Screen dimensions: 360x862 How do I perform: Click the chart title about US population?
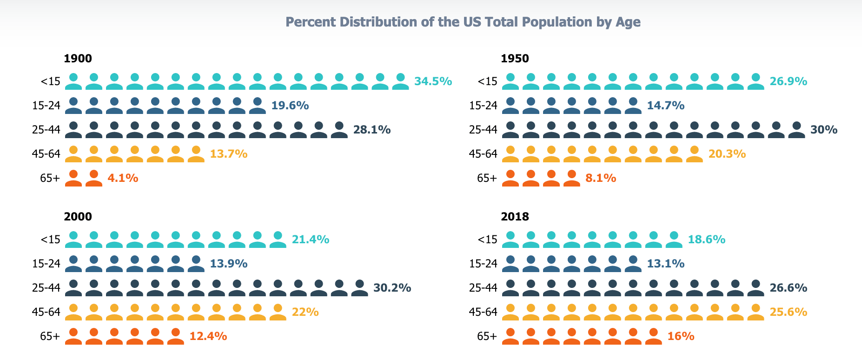[463, 22]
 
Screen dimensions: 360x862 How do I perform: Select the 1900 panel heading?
[78, 59]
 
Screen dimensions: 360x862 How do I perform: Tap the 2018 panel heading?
[515, 217]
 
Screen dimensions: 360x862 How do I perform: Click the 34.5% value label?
[433, 81]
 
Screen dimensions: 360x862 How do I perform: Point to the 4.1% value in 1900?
[123, 178]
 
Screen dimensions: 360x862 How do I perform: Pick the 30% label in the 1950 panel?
[823, 130]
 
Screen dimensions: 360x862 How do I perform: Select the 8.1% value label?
[601, 178]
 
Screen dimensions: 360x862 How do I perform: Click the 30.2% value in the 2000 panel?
[392, 288]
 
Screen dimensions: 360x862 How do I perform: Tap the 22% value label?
[305, 312]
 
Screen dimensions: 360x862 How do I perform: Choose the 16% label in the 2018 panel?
[681, 336]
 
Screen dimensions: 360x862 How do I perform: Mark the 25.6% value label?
[789, 312]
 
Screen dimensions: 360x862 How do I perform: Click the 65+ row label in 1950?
[487, 178]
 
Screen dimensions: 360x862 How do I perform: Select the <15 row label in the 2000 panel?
[51, 240]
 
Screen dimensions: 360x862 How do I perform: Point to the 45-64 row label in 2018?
[483, 312]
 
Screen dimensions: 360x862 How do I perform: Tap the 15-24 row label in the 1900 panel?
[46, 106]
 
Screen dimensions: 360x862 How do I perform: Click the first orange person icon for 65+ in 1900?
[73, 178]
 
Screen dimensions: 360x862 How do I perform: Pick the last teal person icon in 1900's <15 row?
[401, 81]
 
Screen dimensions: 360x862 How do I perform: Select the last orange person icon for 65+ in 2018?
[654, 336]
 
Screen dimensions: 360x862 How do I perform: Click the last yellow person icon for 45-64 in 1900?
[196, 154]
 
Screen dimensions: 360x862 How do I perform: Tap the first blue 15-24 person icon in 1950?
[511, 106]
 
